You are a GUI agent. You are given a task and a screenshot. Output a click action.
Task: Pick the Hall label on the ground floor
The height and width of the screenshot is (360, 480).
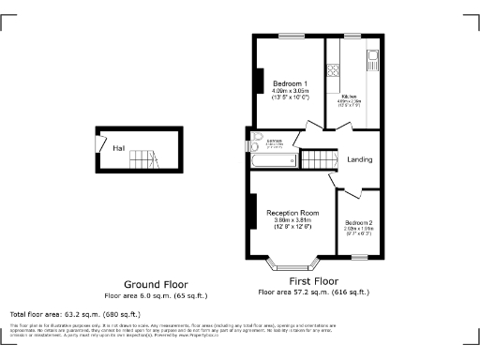[119, 148]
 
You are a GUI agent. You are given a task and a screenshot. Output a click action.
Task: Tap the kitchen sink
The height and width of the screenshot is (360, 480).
[372, 62]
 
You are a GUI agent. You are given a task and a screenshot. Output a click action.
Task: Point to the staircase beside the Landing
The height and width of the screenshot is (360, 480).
[317, 159]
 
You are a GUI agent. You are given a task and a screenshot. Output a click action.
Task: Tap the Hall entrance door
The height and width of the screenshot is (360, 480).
[101, 142]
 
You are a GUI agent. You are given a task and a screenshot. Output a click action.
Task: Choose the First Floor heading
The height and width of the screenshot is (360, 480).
[313, 281]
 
